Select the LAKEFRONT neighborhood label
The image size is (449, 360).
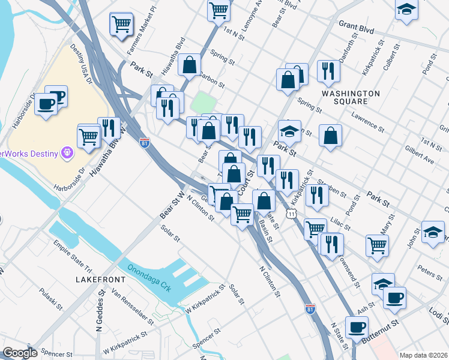(x=101, y=280)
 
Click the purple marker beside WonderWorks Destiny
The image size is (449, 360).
(x=67, y=154)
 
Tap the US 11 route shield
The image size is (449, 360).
(x=291, y=214)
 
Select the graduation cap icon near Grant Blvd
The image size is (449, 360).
(x=406, y=10)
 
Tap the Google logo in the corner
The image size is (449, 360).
(x=20, y=353)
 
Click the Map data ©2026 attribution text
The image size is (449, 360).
(x=423, y=355)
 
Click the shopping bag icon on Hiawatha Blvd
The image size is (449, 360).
(x=190, y=65)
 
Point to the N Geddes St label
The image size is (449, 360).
(x=99, y=315)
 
